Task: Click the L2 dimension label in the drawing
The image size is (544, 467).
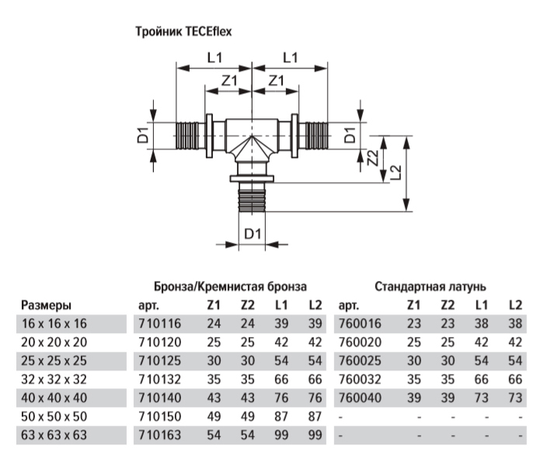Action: click(396, 172)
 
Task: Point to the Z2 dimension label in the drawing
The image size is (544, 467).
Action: click(374, 158)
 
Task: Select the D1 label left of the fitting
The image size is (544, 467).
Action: click(143, 137)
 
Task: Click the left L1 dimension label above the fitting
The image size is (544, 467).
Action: click(215, 57)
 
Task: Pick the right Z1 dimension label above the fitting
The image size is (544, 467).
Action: click(275, 81)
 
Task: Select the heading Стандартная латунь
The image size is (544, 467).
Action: click(430, 286)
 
